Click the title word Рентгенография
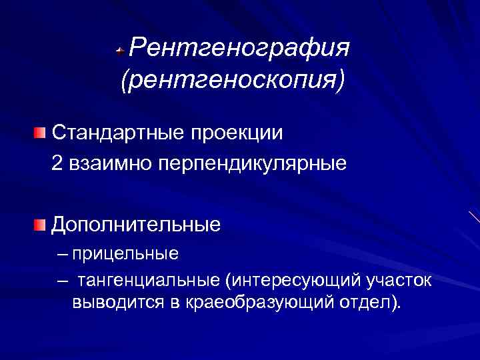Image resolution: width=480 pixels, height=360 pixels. pos(239,48)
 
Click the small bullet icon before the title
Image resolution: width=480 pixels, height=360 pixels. pos(119,50)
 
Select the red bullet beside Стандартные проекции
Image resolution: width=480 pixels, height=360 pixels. pos(41,132)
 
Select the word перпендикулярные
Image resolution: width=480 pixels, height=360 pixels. pos(253,163)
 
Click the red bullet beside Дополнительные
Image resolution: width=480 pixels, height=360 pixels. pos(41,224)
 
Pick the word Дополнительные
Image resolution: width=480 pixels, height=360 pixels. pos(136,224)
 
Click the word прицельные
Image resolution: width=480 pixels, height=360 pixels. pos(126,254)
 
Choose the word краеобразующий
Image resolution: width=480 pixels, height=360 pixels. pos(259,303)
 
